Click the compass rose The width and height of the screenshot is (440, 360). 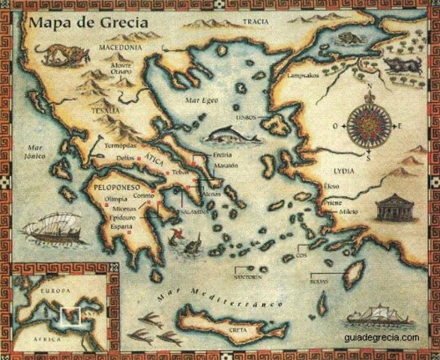[367, 125]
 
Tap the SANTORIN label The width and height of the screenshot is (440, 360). [248, 277]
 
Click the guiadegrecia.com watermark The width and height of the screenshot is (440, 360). [382, 337]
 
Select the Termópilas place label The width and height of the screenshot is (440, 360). [121, 145]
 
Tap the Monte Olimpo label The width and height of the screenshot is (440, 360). [121, 69]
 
